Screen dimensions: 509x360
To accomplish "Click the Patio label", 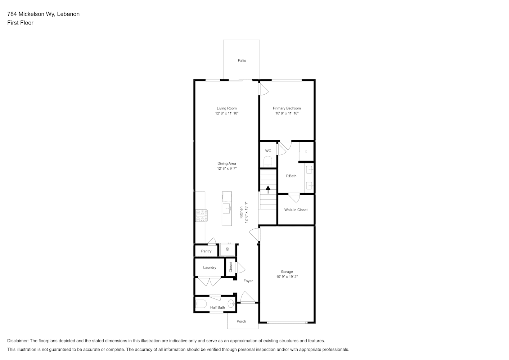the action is tap(242, 60).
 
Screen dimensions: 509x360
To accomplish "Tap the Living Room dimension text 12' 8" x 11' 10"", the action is tap(227, 113).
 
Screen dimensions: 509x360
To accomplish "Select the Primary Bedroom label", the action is tap(287, 108).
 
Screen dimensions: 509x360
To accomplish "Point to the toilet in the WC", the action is tap(268, 162).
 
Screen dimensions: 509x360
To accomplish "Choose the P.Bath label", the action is tap(291, 176).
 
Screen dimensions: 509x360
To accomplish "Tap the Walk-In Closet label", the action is tap(296, 210).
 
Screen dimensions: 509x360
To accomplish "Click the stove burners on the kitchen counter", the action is tap(201, 216).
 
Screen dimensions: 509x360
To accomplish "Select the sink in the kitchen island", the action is tap(227, 208).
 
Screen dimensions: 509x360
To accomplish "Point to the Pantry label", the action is tap(206, 251).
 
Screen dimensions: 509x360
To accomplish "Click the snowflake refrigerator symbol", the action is tap(227, 249).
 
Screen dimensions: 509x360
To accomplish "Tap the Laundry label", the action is tap(210, 267).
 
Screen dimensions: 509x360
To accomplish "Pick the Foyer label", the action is tap(248, 281).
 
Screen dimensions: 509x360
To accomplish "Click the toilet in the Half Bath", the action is tap(201, 304).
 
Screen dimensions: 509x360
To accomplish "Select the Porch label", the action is tap(241, 321).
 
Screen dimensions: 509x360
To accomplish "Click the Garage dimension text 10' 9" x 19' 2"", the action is tap(287, 276).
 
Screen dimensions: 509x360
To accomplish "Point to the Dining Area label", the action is tap(226, 163).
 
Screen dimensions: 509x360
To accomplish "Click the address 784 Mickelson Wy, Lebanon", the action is tap(44, 14).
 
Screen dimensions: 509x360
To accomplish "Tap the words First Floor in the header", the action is tap(20, 23).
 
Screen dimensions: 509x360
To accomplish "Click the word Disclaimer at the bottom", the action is tap(18, 341).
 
